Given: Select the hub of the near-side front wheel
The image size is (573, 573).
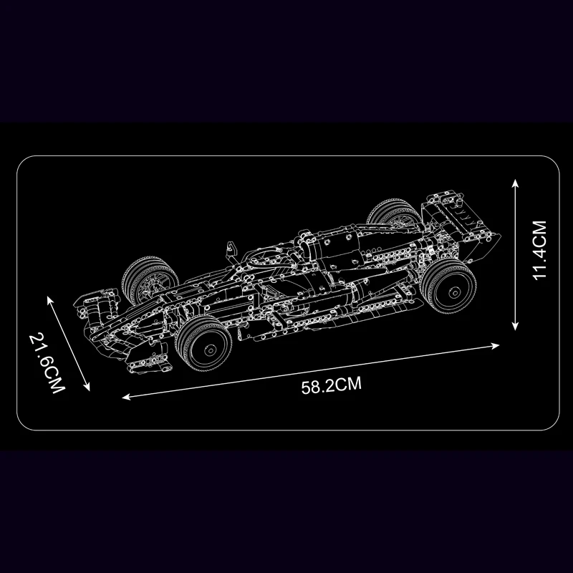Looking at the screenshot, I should pyautogui.click(x=211, y=350).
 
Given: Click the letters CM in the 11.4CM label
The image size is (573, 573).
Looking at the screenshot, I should pyautogui.click(x=539, y=233).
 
